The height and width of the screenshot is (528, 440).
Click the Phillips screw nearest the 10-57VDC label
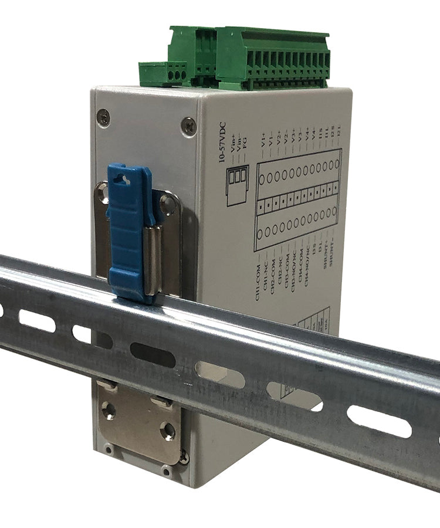[188, 126]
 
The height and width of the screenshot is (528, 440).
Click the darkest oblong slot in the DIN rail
[153, 354]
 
